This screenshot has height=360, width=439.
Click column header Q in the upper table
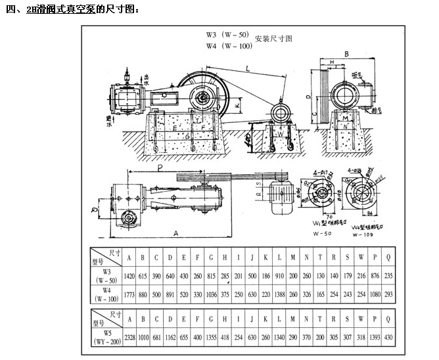(x=388, y=257)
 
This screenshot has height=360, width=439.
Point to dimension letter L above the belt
(x=248, y=68)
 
